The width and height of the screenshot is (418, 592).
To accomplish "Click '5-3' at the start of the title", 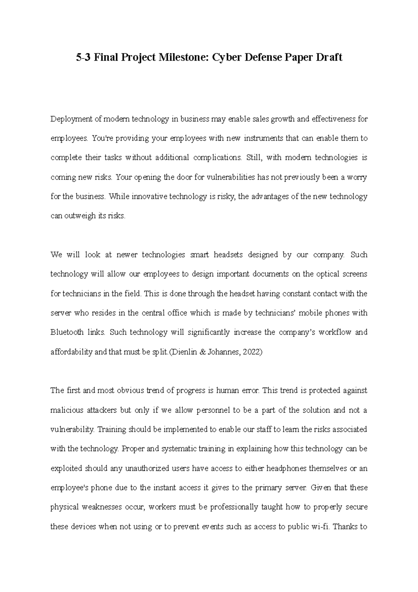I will point(84,57).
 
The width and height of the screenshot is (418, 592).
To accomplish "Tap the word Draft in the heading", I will point(329,57).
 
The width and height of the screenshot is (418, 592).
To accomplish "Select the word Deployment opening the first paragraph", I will point(72,119).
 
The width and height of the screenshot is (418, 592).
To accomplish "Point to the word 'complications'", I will point(217,158).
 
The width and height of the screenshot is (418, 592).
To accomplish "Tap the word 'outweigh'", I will point(77,216).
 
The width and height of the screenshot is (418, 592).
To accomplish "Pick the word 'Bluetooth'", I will point(67,332).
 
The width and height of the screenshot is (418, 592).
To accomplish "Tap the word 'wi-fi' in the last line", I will point(319,527).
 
